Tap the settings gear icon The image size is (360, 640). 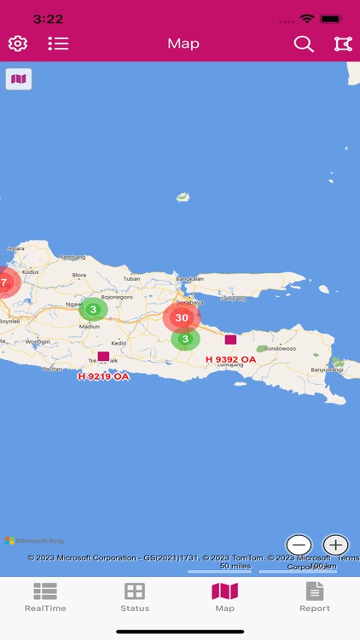point(17,44)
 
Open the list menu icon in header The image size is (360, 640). point(58,44)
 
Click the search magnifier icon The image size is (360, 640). point(304,44)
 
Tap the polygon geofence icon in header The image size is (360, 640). point(343,44)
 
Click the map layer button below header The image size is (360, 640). point(18,79)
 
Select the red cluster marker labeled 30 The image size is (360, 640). point(181,317)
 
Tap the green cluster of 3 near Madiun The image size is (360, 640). point(94,309)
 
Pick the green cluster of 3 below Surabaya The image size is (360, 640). point(185,339)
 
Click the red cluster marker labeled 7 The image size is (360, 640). point(4,281)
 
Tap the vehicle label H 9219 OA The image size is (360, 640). point(103,375)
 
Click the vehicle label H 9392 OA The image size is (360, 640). point(230,359)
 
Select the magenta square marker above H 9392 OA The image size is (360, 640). point(230,340)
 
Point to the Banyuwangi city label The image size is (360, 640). point(330,369)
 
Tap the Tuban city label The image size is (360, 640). point(131,278)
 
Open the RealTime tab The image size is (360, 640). point(45,596)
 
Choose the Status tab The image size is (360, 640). point(135,596)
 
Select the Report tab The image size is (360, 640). point(315,596)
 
